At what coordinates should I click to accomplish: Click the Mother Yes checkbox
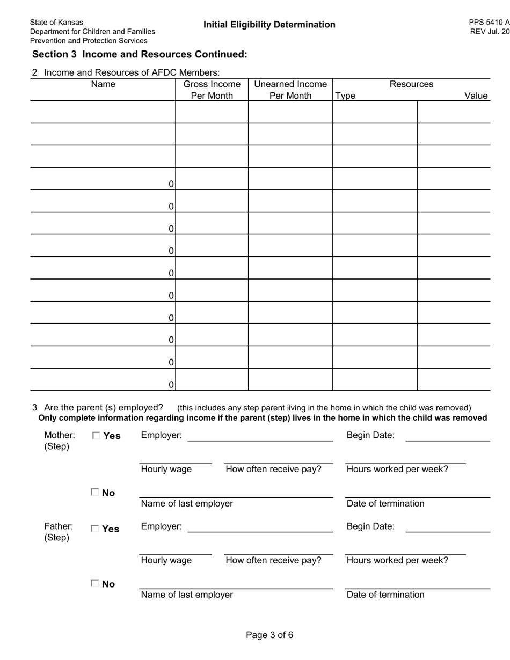pos(96,436)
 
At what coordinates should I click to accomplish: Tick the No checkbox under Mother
pos(95,492)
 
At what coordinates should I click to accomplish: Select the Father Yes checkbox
pos(95,529)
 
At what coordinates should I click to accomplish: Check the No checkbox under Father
pos(95,583)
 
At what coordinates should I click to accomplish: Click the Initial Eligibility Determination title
pos(269,25)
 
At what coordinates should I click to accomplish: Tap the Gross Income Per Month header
pos(212,90)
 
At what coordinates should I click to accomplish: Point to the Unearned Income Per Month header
pos(290,90)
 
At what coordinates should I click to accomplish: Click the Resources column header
pos(411,84)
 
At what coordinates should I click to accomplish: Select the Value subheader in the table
pos(476,96)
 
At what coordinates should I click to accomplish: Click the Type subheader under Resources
pos(345,96)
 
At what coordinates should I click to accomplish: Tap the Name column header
pos(103,84)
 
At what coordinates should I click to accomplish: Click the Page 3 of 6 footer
pos(269,635)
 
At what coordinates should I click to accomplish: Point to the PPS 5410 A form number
pos(489,23)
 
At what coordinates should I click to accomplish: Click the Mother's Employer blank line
pos(260,437)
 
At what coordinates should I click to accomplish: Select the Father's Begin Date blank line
pos(448,529)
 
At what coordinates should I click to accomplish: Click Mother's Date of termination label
pos(385,503)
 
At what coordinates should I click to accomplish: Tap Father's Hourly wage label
pos(166,561)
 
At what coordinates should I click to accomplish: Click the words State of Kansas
pos(56,22)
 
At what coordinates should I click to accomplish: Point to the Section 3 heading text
pos(140,54)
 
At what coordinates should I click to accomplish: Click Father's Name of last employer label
pos(186,595)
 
